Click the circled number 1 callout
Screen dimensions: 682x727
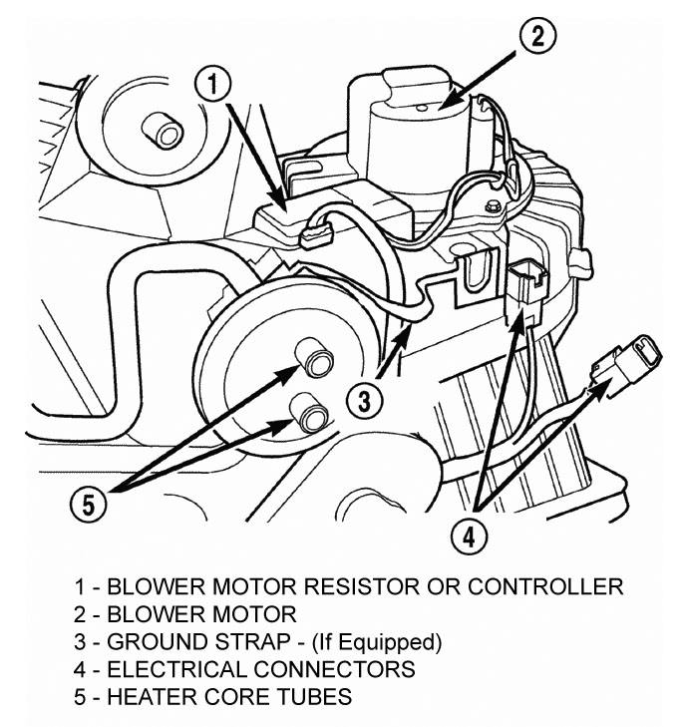(212, 85)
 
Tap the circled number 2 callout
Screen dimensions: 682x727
(537, 36)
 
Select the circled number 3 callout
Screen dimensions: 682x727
(365, 402)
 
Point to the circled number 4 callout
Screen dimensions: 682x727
(470, 538)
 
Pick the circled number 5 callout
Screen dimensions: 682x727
(88, 504)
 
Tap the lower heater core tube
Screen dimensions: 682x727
(308, 412)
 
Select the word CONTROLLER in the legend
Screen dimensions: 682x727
(545, 587)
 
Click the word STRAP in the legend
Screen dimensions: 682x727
(251, 642)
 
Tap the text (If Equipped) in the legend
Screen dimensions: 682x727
(377, 643)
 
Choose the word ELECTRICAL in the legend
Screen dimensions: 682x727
(176, 669)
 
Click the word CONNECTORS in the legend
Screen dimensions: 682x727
(334, 669)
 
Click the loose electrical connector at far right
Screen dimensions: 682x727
(627, 365)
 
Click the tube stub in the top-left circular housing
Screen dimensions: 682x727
(163, 130)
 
